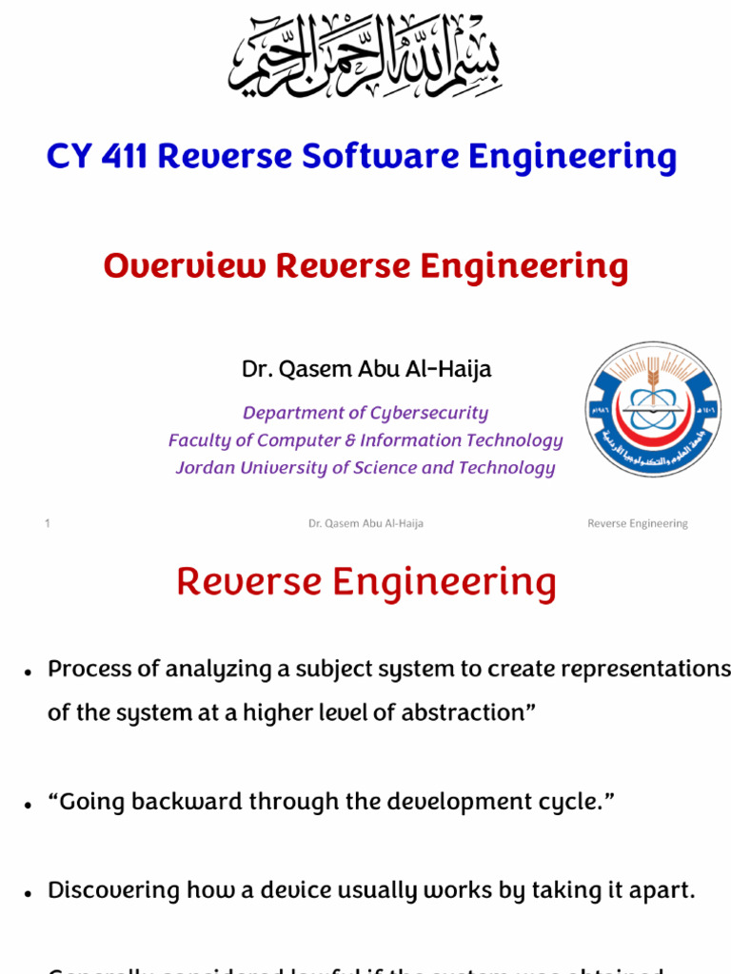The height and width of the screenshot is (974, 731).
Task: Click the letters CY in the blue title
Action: click(67, 157)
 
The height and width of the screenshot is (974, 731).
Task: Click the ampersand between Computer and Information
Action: click(348, 440)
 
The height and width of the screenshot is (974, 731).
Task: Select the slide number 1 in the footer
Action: click(48, 523)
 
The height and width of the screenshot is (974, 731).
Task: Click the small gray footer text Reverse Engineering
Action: click(637, 523)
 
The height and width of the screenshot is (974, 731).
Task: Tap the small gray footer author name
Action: click(365, 523)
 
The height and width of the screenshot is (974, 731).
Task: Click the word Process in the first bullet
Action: click(89, 669)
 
